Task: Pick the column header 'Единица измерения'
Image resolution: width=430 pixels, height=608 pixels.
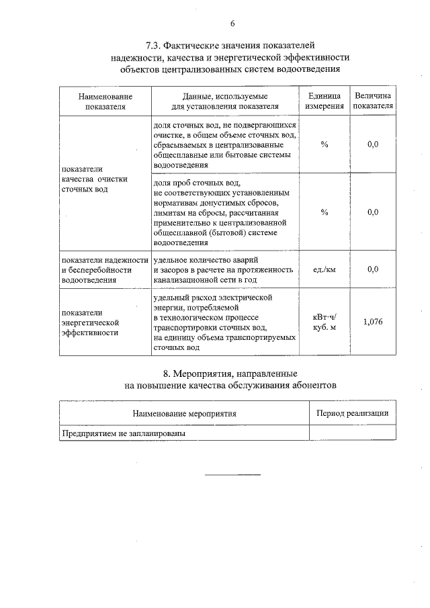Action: pos(325,101)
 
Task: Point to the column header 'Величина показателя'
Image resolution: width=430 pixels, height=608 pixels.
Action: pos(373,101)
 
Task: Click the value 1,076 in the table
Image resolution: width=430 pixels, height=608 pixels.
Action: pos(373,322)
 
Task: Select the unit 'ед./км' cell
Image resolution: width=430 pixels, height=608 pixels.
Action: pos(325,269)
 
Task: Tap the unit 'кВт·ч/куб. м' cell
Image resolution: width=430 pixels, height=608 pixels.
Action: pos(325,322)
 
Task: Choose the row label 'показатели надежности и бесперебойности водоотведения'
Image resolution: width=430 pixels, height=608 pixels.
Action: pos(104,269)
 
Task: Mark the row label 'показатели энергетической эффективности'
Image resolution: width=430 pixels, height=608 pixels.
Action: pos(91,322)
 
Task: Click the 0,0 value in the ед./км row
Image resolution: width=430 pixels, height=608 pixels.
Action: pos(373,269)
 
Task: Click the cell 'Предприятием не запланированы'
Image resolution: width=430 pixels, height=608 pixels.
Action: pos(124,433)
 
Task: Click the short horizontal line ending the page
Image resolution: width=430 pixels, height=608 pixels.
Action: pos(232,475)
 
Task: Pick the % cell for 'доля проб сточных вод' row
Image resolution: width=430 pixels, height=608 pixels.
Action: pos(325,212)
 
